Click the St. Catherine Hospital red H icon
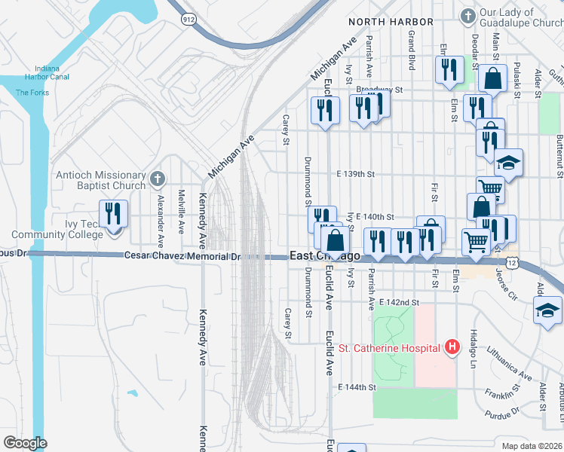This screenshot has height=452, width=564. tap(452, 347)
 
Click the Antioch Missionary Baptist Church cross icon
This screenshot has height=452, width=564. tap(157, 179)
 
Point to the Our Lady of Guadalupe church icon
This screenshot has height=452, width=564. tap(467, 15)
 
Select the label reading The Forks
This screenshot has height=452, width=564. tap(32, 93)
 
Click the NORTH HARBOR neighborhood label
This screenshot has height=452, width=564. tap(391, 23)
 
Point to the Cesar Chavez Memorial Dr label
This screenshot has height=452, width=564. tap(182, 257)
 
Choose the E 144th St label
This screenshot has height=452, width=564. tap(357, 386)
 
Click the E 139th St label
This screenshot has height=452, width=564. tap(357, 174)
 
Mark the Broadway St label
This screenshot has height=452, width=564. tap(381, 89)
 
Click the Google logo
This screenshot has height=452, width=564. tap(25, 443)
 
